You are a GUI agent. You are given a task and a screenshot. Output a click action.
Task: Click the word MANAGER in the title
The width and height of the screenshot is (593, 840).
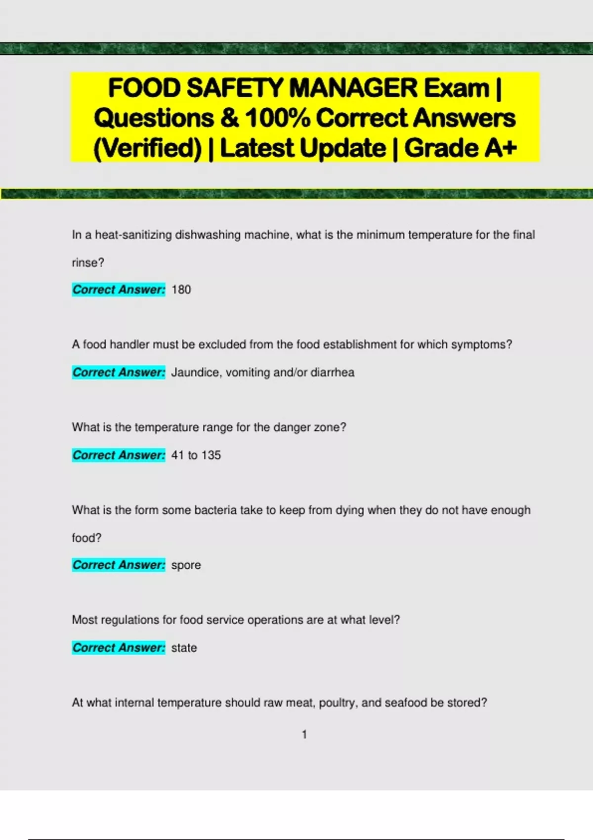click(x=353, y=88)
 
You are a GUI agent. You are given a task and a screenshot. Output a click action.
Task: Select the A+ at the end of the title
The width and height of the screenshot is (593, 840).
click(x=500, y=148)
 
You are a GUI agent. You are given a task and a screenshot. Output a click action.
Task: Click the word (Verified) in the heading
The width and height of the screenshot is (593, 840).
click(x=147, y=148)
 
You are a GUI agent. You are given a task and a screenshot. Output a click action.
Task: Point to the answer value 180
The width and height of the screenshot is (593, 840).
click(x=181, y=290)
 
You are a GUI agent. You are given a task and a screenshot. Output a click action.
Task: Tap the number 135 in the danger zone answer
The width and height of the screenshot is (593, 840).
click(x=211, y=455)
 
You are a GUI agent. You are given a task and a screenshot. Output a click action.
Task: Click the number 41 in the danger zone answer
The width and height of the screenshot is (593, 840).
click(x=177, y=455)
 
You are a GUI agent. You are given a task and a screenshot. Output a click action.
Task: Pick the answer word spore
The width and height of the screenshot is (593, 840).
click(x=186, y=565)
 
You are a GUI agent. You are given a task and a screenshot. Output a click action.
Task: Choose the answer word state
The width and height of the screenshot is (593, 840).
click(x=184, y=648)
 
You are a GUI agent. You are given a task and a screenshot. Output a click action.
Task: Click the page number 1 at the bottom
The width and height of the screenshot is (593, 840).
click(x=304, y=735)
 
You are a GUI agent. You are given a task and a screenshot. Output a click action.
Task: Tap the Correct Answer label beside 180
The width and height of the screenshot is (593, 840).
click(x=119, y=290)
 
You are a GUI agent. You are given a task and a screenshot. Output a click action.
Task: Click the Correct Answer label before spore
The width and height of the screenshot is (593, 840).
click(x=119, y=565)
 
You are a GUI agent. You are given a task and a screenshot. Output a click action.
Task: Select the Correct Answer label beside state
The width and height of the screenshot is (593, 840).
click(x=119, y=647)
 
